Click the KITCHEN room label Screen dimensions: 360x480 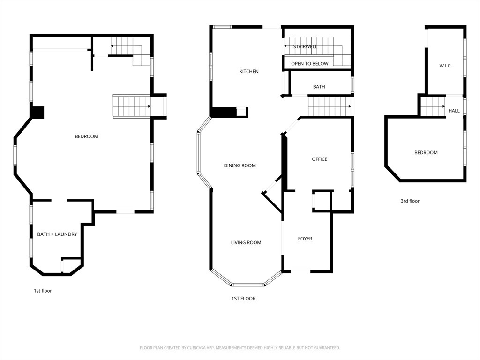249,71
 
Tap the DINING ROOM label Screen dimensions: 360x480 240,165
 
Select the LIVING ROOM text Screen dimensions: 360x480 246,242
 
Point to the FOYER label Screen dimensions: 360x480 305,239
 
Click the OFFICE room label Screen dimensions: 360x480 320,159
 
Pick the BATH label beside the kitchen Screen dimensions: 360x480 319,87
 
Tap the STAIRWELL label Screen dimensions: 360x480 305,46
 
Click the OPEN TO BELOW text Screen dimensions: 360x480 309,63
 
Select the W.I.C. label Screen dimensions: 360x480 445,66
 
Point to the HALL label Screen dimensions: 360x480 454,111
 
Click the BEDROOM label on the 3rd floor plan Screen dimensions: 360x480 426,152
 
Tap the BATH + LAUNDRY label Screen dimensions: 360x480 57,234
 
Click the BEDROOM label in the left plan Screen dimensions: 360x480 86,136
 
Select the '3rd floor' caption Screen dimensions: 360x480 410,201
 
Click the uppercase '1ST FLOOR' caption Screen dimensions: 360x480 243,298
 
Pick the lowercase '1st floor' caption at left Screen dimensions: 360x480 43,291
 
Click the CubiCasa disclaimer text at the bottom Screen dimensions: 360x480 240,348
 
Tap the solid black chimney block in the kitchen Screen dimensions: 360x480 223,112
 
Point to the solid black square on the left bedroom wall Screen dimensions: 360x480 37,112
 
